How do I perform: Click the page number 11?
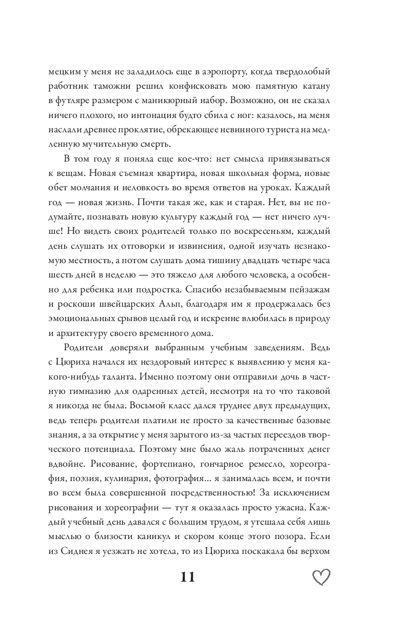coord(188,577)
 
